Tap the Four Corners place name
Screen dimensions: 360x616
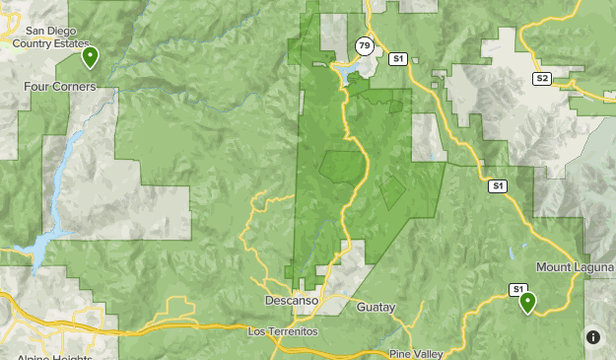tap(59, 87)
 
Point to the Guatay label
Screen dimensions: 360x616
tap(376, 307)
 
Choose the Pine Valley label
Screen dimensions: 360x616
tap(415, 353)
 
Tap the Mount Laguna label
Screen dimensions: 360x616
tap(574, 267)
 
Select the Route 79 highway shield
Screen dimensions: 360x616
tap(365, 47)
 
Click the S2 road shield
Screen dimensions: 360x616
tap(542, 78)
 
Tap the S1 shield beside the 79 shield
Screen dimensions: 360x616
tap(398, 59)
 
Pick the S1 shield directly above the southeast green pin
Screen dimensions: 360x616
tap(517, 289)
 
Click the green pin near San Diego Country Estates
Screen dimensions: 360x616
tap(90, 56)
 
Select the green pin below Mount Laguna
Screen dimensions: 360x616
tap(528, 302)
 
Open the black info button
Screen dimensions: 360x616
tap(593, 337)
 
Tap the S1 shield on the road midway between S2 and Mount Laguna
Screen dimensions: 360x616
tap(498, 185)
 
